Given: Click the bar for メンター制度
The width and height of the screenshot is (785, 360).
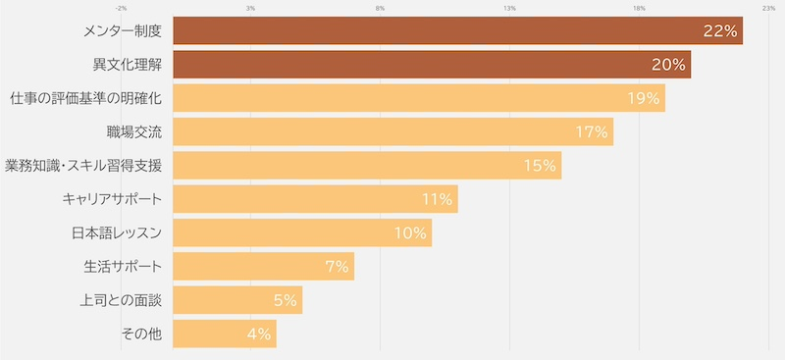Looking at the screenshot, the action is click(458, 30).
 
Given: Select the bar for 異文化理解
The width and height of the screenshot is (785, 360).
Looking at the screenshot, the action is click(432, 64).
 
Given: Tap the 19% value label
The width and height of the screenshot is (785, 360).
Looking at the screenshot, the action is click(644, 99).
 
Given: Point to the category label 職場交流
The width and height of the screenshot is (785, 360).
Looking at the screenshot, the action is click(134, 131).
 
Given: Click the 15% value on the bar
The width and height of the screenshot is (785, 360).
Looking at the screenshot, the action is click(541, 166).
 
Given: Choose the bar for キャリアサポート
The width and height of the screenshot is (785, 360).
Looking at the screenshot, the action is click(315, 199).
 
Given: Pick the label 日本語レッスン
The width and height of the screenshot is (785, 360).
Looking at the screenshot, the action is click(117, 232).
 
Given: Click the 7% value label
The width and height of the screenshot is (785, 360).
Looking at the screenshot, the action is click(337, 267).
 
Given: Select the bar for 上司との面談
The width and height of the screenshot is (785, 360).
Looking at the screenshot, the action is click(237, 300).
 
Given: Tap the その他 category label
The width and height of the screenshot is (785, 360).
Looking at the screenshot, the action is click(141, 334).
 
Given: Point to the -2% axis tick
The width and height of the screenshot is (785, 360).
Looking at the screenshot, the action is click(121, 8).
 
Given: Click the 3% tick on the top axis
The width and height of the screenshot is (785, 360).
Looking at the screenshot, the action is click(251, 8).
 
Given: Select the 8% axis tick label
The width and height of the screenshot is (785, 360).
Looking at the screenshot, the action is click(380, 8).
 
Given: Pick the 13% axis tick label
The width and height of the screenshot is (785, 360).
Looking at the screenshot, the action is click(509, 8).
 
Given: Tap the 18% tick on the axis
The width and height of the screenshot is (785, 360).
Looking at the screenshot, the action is click(639, 8).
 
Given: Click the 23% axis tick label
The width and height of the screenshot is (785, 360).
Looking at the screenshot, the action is click(769, 8).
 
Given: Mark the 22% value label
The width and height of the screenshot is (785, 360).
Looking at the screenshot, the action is click(720, 31).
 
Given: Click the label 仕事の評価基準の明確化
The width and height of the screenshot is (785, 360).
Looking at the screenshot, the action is click(86, 98).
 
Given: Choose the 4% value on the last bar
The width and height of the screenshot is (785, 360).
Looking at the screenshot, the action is click(259, 334).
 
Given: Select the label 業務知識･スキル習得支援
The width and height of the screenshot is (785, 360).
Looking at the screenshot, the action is click(83, 165).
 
